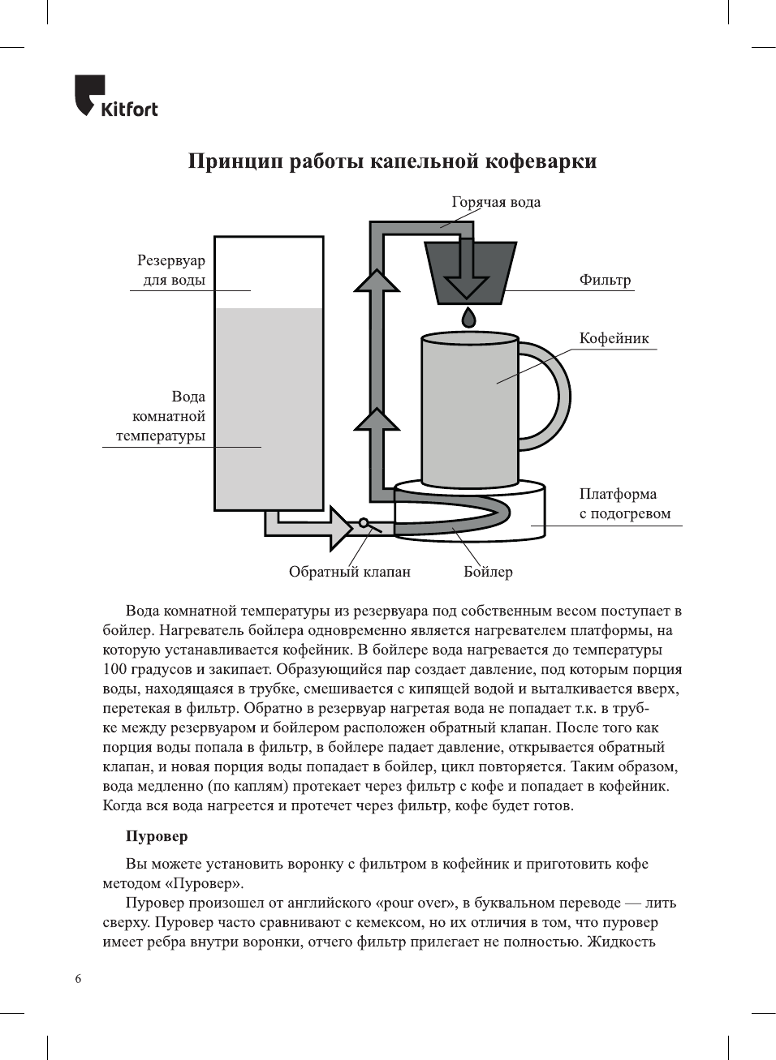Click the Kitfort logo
pos(115,97)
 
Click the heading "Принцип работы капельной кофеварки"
pos(392,161)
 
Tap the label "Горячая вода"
pos(496,202)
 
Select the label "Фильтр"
pos(605,280)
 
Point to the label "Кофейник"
pos(614,338)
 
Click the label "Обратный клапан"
pos(349,572)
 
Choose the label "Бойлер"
pos(488,572)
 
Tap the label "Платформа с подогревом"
pos(624,504)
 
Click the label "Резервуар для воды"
pos(171,270)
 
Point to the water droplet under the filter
pos(468,316)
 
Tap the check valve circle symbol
pos(364,523)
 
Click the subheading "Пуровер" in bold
pos(156,836)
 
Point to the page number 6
pos(78,979)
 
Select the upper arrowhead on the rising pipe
pos(377,281)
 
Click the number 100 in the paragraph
pos(115,669)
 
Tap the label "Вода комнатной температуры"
pos(161,416)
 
